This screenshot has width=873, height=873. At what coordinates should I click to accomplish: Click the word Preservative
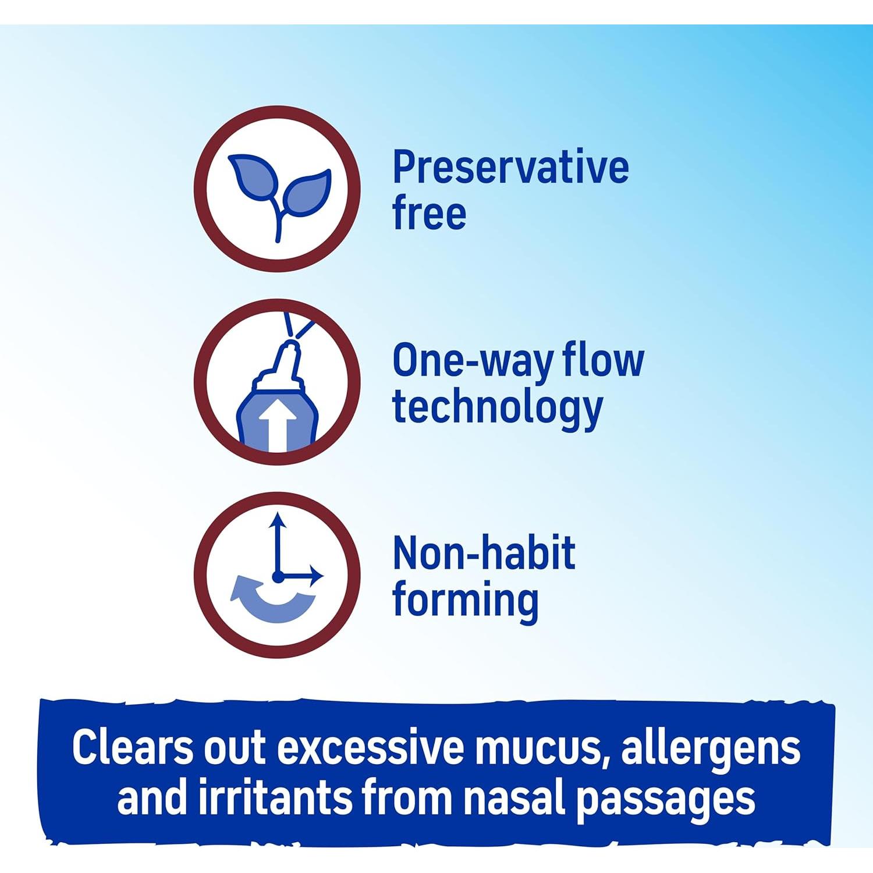pyautogui.click(x=510, y=167)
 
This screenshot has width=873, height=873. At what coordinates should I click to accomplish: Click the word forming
pyautogui.click(x=465, y=602)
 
